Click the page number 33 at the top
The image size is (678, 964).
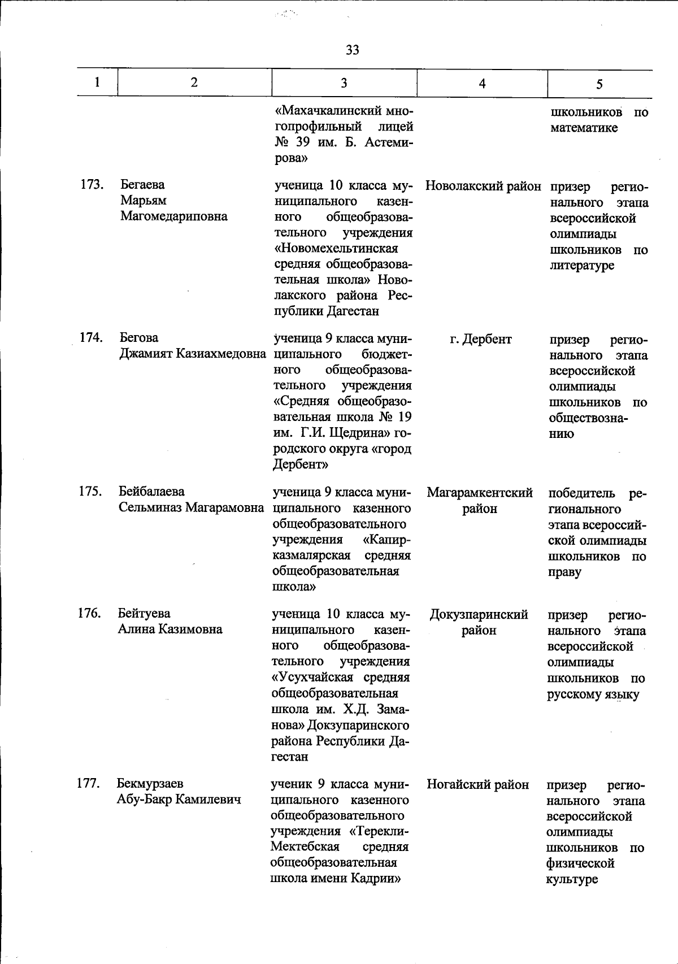click(352, 50)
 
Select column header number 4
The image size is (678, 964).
click(482, 84)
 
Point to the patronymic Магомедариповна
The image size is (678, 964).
click(173, 216)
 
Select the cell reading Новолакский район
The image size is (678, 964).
click(483, 186)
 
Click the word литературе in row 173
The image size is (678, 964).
click(582, 265)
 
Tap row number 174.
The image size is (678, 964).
click(90, 337)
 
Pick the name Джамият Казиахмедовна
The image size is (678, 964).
click(192, 354)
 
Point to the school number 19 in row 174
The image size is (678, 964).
click(405, 417)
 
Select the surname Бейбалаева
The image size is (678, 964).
click(151, 492)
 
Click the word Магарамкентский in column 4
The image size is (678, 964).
click(480, 493)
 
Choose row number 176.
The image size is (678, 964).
click(89, 613)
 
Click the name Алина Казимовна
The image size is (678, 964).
click(169, 629)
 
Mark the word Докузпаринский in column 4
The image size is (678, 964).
click(479, 614)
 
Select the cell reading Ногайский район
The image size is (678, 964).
click(477, 784)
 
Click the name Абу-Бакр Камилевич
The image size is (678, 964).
click(179, 800)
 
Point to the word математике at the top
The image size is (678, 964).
click(584, 128)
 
